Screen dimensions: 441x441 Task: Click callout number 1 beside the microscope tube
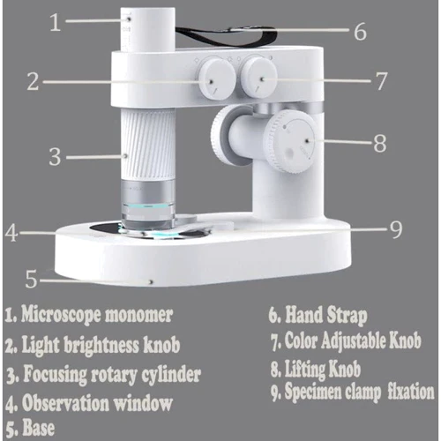pos(56,22)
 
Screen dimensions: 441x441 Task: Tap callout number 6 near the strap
pos(360,31)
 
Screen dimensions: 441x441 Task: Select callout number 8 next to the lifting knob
pos(380,144)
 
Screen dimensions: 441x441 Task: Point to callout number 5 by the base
pos(31,279)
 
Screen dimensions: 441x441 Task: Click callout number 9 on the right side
pos(396,229)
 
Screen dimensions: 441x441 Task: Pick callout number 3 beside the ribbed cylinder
pos(55,157)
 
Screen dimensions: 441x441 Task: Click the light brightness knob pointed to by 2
pos(216,78)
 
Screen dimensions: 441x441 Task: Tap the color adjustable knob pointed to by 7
pos(258,76)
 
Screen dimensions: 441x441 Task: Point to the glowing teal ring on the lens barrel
pos(147,206)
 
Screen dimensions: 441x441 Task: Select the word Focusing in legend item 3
pos(55,374)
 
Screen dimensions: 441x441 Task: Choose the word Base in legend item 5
pos(39,428)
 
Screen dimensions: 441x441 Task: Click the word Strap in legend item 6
pos(348,316)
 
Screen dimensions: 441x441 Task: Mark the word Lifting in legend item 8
pos(305,369)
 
